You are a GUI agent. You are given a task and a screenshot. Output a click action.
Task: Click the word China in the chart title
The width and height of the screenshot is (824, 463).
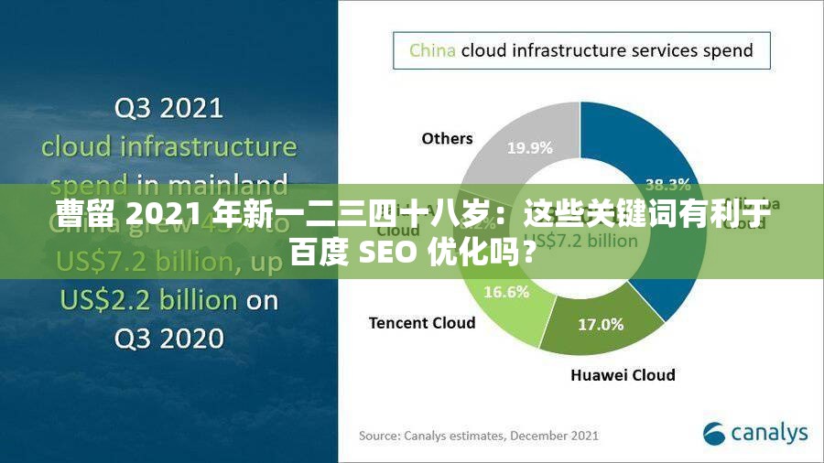[432, 50]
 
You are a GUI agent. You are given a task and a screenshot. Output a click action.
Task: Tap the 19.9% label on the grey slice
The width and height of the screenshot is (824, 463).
[529, 146]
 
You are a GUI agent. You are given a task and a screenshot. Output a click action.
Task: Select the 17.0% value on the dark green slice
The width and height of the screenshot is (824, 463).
[601, 324]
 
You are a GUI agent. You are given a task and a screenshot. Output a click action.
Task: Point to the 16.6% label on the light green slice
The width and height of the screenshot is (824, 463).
[506, 292]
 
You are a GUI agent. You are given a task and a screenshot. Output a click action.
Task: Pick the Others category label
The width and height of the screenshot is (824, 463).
[447, 138]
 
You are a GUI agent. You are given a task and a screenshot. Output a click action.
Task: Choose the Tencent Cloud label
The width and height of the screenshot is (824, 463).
[422, 322]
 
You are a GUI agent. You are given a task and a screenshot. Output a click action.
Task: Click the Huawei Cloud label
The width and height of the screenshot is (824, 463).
[623, 374]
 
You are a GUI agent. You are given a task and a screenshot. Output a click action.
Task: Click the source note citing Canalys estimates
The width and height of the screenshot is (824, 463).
[478, 435]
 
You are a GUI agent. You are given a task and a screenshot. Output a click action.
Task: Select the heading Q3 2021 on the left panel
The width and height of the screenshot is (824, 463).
[168, 109]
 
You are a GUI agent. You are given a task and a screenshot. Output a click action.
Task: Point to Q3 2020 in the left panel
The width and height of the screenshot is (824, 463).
[168, 339]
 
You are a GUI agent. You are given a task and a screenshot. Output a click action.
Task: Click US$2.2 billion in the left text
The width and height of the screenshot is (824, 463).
[149, 300]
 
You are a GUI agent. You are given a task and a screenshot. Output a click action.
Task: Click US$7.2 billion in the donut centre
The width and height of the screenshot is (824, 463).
[587, 241]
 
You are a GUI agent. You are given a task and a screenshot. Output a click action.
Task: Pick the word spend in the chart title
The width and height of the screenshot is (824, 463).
[722, 50]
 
